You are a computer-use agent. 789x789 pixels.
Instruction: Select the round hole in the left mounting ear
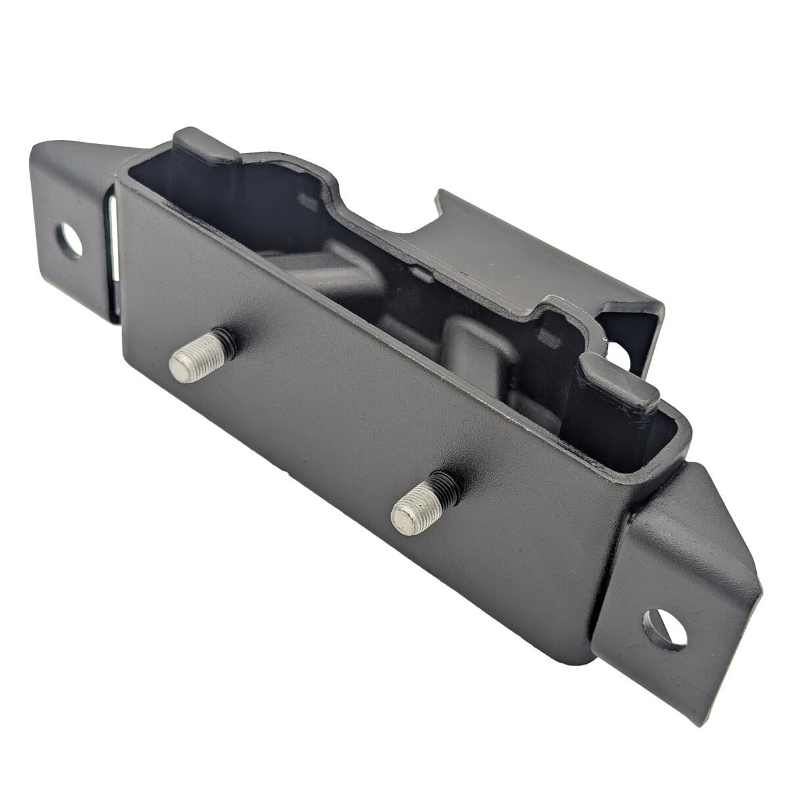click(69, 240)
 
